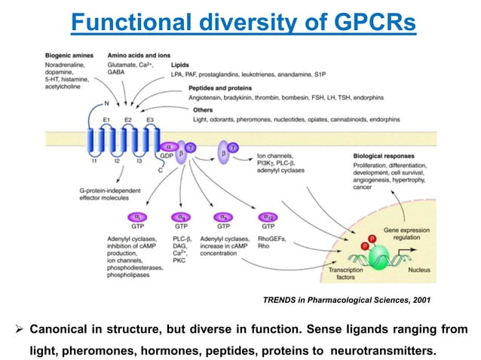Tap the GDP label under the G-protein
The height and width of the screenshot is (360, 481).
[167, 154]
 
